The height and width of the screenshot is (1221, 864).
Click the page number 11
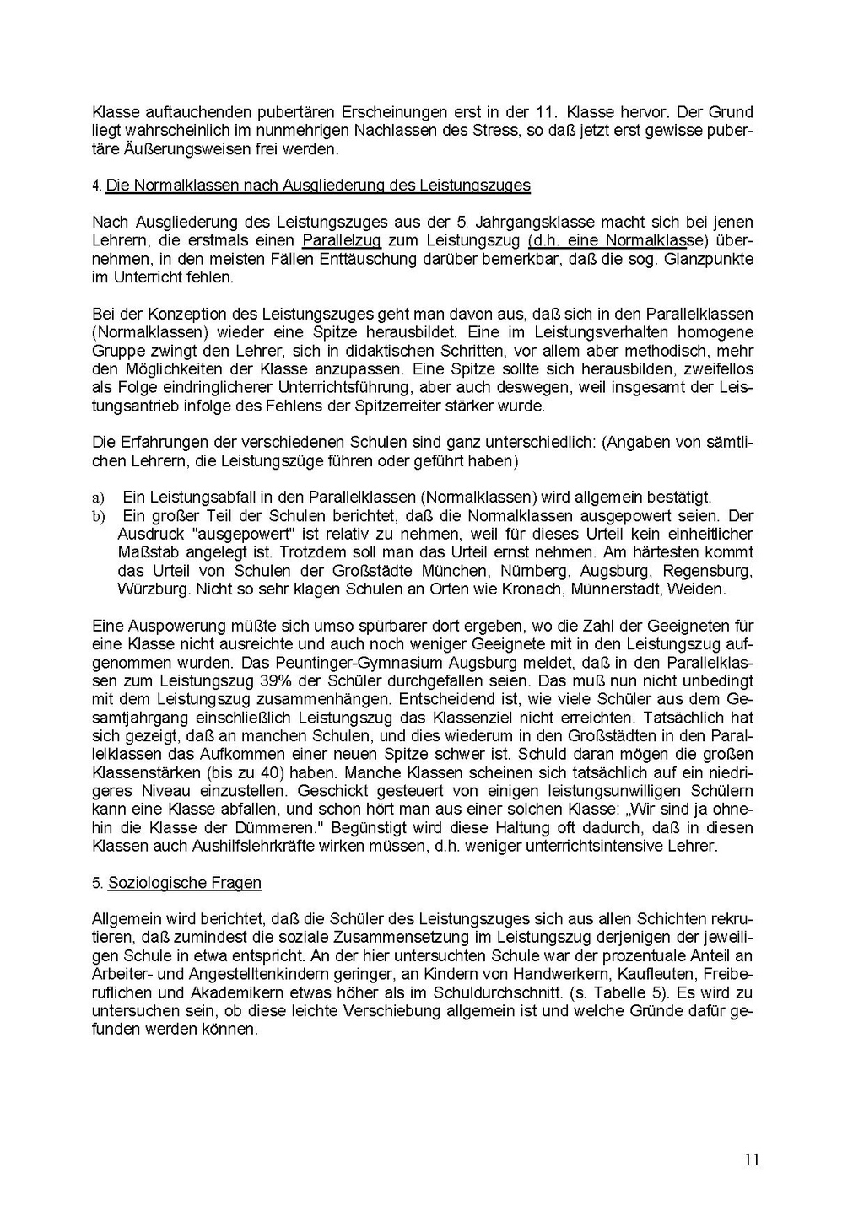coord(753,1159)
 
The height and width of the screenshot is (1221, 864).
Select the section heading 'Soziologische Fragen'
coord(185,883)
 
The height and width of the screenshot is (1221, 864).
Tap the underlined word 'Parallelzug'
coord(341,241)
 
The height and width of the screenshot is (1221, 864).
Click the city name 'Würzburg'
coord(154,589)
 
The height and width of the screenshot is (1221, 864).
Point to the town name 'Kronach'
coord(532,589)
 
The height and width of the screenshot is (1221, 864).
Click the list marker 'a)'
coord(98,498)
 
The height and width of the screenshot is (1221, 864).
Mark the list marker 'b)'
coord(98,516)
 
